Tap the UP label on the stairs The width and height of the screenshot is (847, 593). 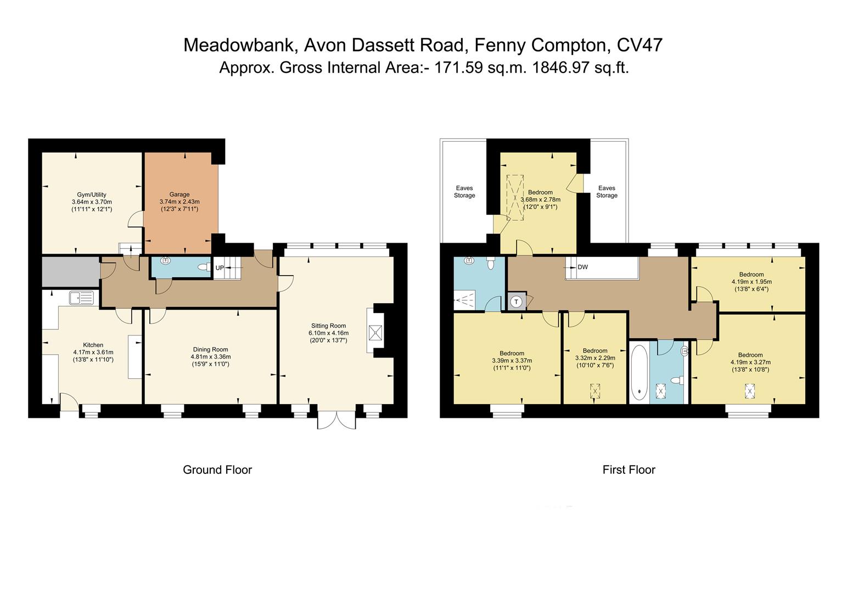(x=220, y=268)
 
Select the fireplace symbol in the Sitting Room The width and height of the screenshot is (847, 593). (x=375, y=333)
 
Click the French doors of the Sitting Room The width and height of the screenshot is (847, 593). (x=336, y=419)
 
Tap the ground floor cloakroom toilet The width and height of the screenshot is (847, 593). (x=205, y=267)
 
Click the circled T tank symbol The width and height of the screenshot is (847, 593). (x=516, y=301)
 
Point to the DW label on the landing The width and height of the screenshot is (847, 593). (x=582, y=267)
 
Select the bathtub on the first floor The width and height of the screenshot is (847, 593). (x=638, y=373)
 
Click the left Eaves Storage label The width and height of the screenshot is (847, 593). (x=464, y=192)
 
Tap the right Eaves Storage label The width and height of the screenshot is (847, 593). (x=607, y=192)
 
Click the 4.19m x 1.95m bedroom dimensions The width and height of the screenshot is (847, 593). (x=751, y=282)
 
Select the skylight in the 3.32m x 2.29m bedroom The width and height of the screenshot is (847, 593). (x=595, y=391)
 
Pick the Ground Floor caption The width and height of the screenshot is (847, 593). (x=217, y=470)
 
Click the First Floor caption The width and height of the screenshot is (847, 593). (x=629, y=470)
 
